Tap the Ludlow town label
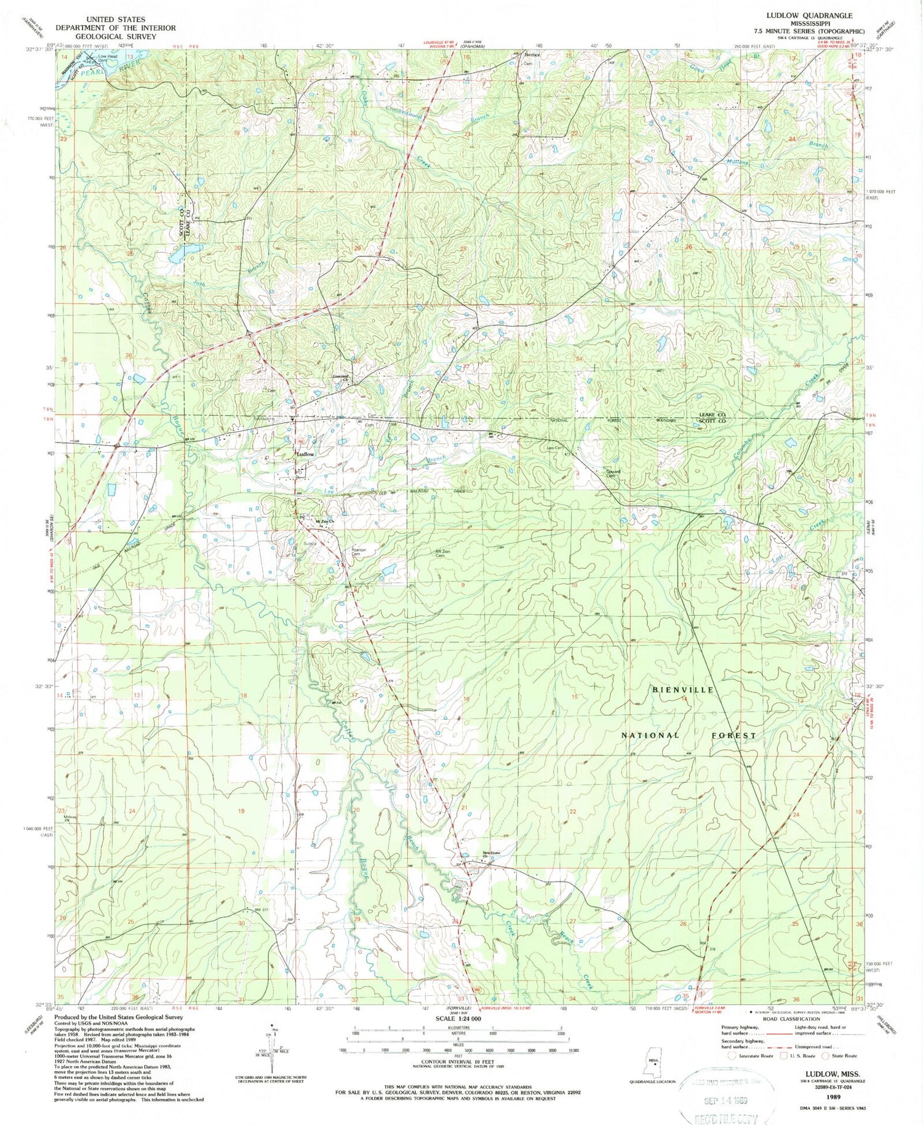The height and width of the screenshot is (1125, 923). pos(306,454)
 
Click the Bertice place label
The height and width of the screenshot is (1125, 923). pos(532,55)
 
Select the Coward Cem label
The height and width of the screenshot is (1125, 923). pos(610,474)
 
